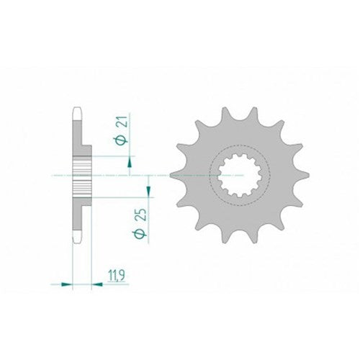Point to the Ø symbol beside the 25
tap(142, 231)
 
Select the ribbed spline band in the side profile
tap(82, 176)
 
